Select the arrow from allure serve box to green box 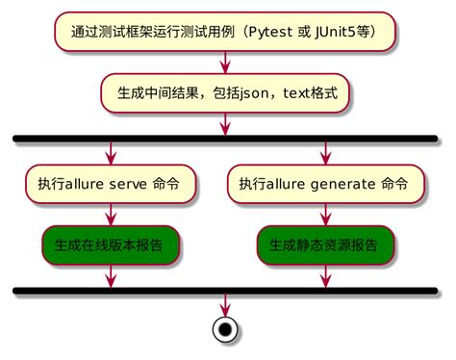pyautogui.click(x=112, y=215)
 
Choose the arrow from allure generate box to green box pyautogui.click(x=324, y=215)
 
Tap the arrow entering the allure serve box pyautogui.click(x=112, y=153)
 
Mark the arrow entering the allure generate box pyautogui.click(x=324, y=153)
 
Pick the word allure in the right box pyautogui.click(x=287, y=184)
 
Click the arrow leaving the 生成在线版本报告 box pyautogui.click(x=112, y=275)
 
